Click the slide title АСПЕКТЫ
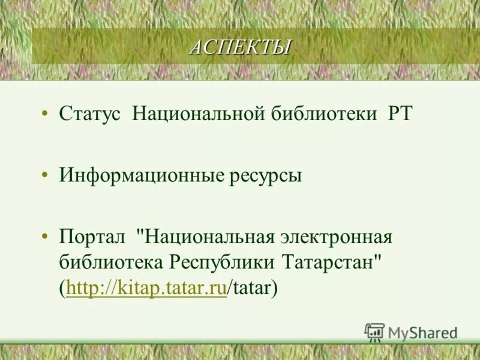240,47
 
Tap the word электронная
336,236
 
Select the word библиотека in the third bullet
111,262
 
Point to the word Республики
223,262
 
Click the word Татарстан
330,262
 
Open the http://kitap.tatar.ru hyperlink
146,289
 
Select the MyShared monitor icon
374,332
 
